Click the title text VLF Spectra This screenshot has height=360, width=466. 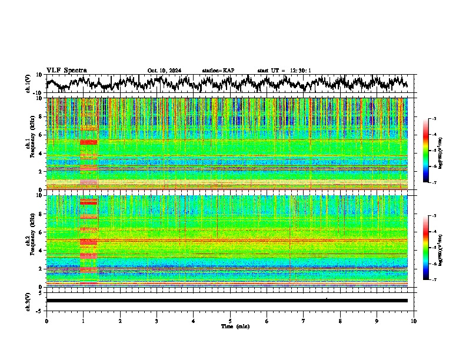(x=66, y=70)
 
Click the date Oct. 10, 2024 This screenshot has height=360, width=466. (x=164, y=71)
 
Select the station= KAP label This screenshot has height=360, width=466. (x=218, y=71)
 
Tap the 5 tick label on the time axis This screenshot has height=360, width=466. (x=230, y=321)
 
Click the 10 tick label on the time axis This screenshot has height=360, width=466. (x=414, y=321)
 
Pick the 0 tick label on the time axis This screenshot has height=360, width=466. (x=46, y=321)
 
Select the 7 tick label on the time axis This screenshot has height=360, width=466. (x=304, y=321)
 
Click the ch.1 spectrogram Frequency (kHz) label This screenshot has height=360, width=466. (x=29, y=144)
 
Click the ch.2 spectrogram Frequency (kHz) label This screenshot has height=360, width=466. (x=29, y=241)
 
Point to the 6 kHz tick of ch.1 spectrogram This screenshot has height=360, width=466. (x=42, y=135)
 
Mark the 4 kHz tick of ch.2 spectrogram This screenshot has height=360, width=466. (x=42, y=250)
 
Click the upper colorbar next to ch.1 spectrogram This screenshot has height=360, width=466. (x=431, y=151)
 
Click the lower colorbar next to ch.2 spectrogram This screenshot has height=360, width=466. (x=431, y=248)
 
